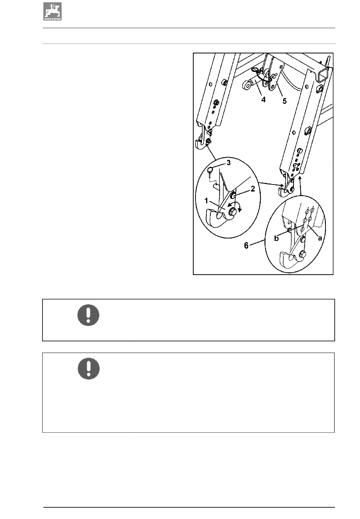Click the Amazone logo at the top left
tap(52, 11)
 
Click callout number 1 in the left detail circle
tap(206, 201)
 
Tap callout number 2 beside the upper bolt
tap(253, 189)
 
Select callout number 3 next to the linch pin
tap(229, 163)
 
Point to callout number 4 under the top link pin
tap(263, 100)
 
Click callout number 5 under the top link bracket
tap(285, 101)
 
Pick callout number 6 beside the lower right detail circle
tap(246, 245)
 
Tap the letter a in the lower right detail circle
tap(320, 238)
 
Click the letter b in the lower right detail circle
tap(276, 238)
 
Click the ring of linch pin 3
tap(210, 169)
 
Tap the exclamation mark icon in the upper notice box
tap(88, 315)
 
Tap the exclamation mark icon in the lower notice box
tap(89, 369)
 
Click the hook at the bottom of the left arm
tap(201, 145)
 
